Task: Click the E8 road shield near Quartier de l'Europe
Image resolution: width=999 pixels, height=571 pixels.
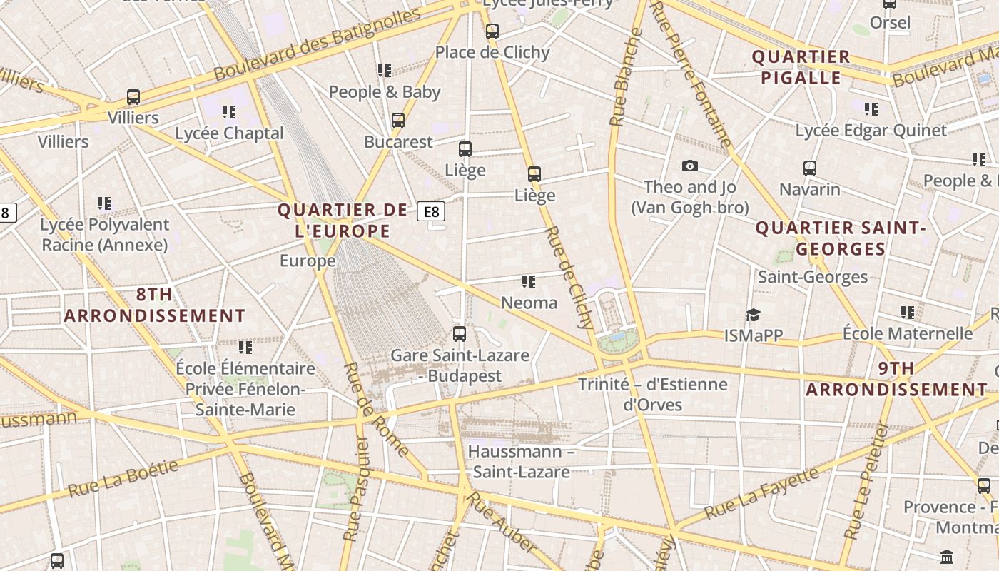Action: (x=431, y=211)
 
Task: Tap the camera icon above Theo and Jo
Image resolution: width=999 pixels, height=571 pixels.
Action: (x=689, y=166)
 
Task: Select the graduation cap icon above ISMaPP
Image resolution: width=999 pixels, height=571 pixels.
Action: (x=753, y=315)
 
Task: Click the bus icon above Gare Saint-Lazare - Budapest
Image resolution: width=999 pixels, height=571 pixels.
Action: (x=460, y=333)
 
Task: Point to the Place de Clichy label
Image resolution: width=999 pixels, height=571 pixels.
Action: (x=492, y=52)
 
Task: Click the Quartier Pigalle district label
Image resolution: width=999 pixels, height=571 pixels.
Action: (x=801, y=67)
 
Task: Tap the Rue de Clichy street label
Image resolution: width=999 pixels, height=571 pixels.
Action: (x=570, y=278)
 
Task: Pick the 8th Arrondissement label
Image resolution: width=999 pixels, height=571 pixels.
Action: (x=155, y=305)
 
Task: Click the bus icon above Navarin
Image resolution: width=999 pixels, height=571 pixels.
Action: (x=809, y=168)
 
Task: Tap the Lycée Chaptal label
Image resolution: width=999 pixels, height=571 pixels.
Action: (x=229, y=133)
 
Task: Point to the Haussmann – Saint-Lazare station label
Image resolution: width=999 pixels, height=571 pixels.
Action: (x=521, y=461)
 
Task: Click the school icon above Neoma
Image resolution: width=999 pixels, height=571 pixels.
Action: (x=528, y=282)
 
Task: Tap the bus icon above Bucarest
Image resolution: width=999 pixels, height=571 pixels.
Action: (x=398, y=120)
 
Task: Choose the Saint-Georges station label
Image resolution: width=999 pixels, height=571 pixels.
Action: (x=813, y=277)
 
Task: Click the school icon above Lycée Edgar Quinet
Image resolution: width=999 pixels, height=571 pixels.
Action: (x=871, y=109)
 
